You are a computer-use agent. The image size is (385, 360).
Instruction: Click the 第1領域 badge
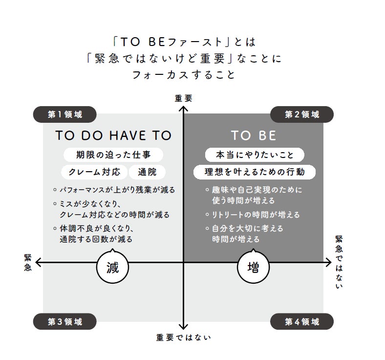click(65, 114)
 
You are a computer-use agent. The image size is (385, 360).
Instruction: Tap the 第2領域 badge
click(302, 114)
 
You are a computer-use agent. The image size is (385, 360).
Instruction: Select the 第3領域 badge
click(65, 321)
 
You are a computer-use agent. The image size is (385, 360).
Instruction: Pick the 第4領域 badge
click(302, 321)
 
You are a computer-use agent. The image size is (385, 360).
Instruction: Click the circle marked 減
click(113, 267)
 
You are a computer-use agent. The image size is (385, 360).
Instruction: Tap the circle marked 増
click(254, 267)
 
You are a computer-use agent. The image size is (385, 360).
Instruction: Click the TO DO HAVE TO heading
click(113, 135)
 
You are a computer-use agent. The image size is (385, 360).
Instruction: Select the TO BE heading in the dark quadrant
click(254, 135)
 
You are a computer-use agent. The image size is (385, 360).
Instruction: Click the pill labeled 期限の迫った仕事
click(113, 155)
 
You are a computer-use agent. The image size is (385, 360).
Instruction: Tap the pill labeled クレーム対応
click(94, 172)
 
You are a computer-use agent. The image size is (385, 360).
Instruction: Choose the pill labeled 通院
click(147, 172)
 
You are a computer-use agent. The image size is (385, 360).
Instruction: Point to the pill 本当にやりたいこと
click(255, 155)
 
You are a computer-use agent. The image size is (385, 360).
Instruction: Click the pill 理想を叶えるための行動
click(255, 172)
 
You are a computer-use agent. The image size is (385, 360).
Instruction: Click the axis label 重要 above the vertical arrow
click(183, 98)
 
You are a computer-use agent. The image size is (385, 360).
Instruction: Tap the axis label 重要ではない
click(183, 337)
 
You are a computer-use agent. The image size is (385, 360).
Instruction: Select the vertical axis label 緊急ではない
click(339, 262)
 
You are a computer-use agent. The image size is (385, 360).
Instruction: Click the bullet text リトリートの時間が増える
click(256, 215)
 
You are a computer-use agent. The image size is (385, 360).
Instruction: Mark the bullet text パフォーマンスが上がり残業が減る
click(117, 190)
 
